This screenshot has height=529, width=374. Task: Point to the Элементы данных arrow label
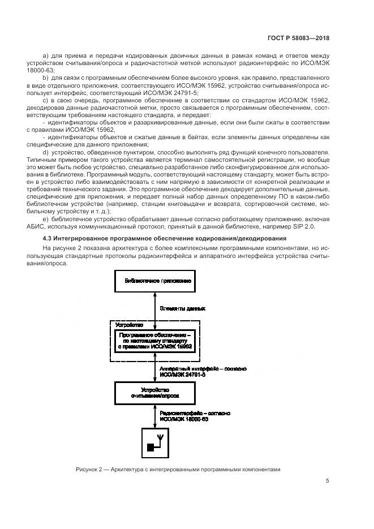click(x=182, y=309)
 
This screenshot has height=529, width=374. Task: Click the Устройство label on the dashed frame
click(x=129, y=325)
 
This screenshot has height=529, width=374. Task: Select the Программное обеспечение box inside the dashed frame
click(x=155, y=342)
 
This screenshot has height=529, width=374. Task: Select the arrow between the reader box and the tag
click(x=154, y=416)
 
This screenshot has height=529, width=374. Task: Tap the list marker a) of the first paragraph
click(x=46, y=55)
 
